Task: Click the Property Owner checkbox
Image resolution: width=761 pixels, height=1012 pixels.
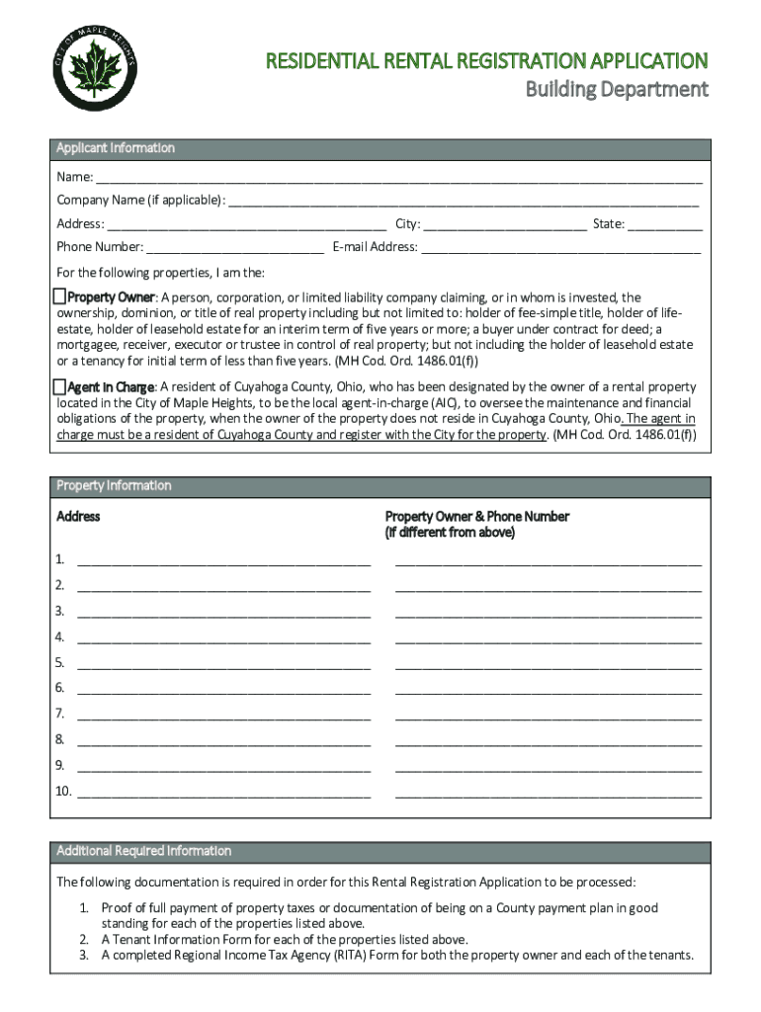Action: (59, 296)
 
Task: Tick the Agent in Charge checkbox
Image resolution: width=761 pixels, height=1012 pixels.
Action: (59, 386)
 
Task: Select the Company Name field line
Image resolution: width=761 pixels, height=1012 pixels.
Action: (464, 203)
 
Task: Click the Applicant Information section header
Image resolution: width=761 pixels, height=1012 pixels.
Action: (116, 148)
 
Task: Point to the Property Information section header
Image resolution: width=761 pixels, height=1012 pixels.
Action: (114, 486)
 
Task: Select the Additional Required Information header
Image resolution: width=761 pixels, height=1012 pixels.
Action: (144, 851)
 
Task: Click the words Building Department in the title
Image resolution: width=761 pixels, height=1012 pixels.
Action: (616, 90)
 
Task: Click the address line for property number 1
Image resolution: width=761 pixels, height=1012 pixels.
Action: (223, 563)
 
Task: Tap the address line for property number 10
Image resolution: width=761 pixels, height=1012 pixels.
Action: (223, 794)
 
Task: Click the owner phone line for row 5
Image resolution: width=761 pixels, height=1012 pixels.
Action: (549, 666)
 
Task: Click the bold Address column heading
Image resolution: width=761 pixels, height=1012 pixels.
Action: (78, 517)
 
